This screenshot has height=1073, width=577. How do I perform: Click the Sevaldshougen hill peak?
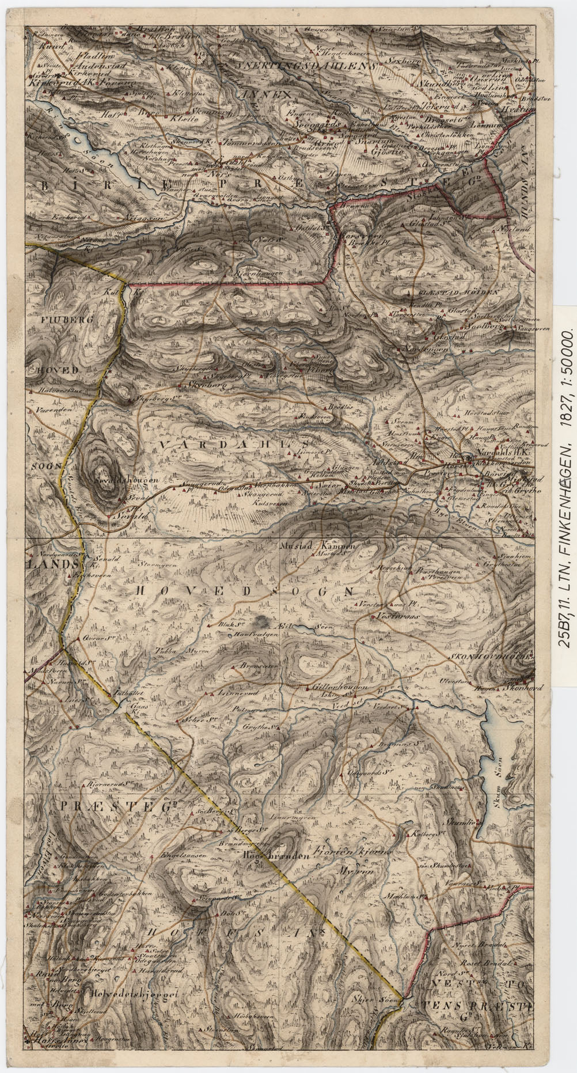(105, 479)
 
